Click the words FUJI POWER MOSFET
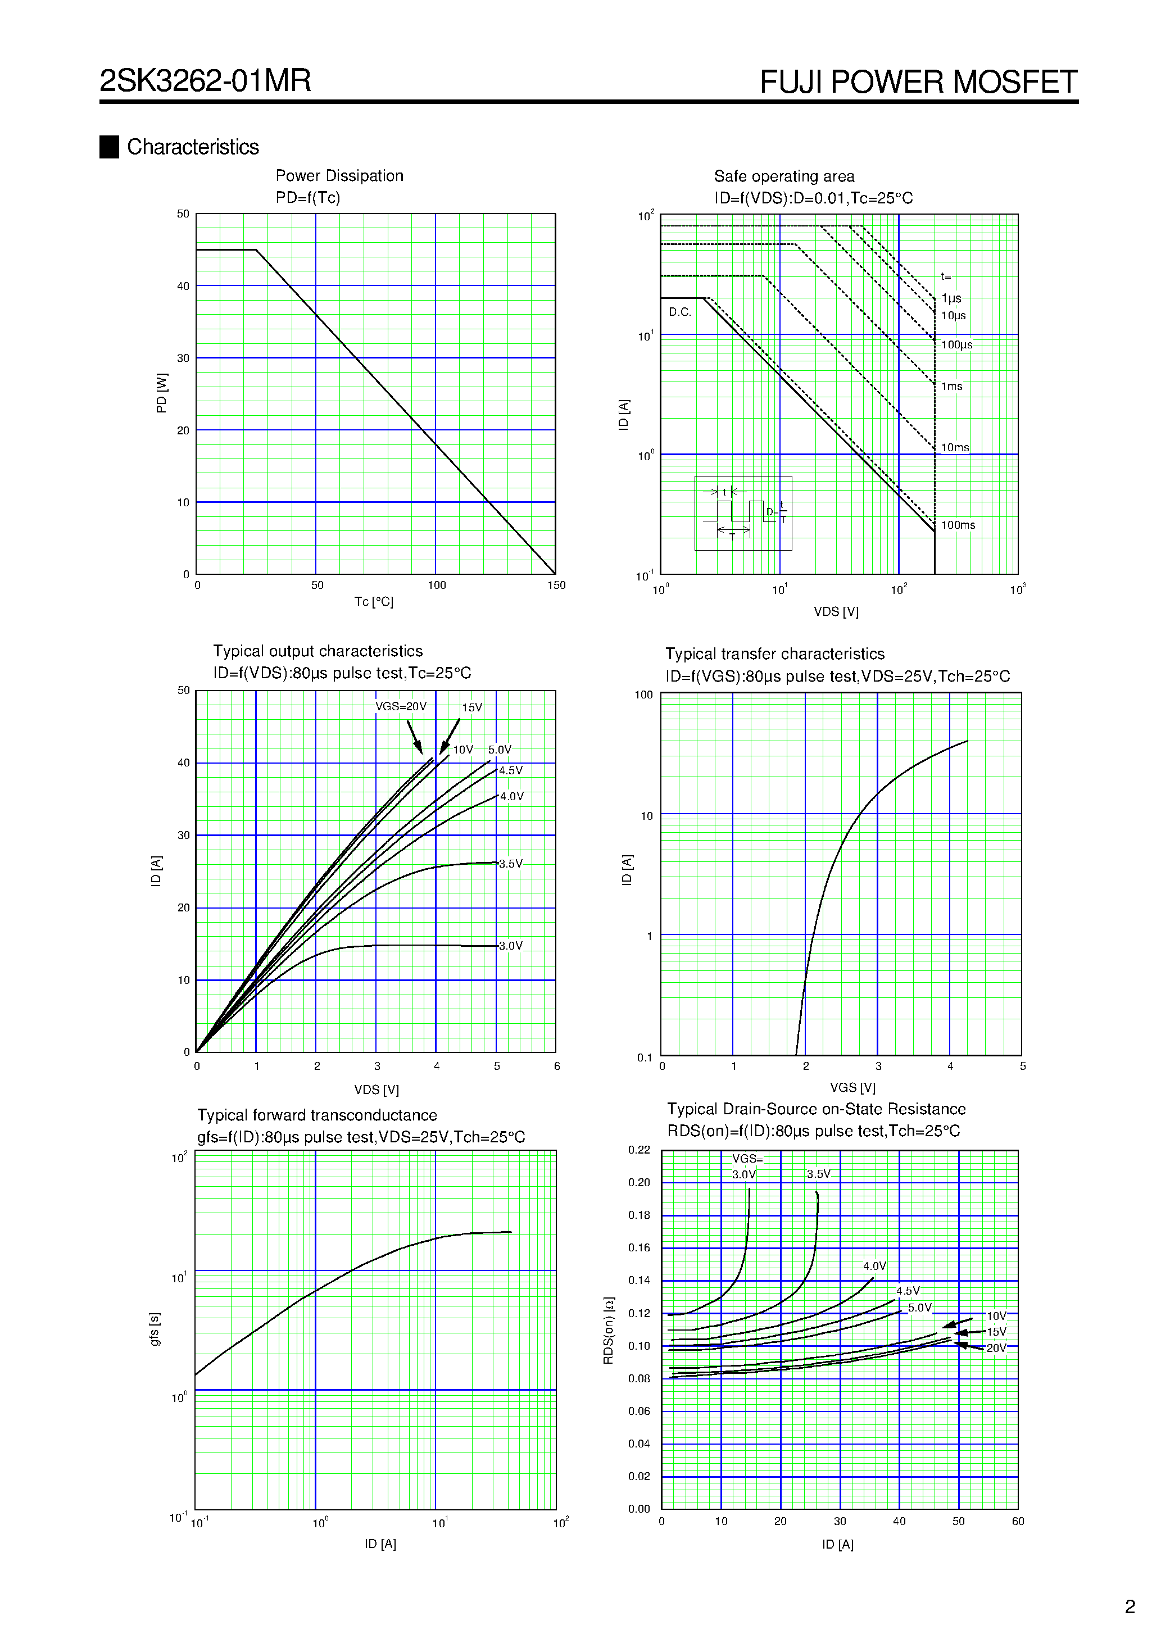[918, 82]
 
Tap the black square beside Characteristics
[109, 147]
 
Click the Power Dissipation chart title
[339, 176]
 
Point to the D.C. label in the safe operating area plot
[679, 312]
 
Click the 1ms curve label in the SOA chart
[951, 387]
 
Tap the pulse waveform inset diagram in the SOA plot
[742, 513]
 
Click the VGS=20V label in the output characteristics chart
[401, 706]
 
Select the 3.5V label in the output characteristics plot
[511, 864]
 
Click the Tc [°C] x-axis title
[374, 602]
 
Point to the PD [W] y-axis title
[162, 393]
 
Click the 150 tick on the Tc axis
[556, 586]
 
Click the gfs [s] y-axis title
[155, 1329]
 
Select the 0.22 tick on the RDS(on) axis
[638, 1150]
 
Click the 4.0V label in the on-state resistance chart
[874, 1266]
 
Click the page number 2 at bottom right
[1130, 1606]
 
